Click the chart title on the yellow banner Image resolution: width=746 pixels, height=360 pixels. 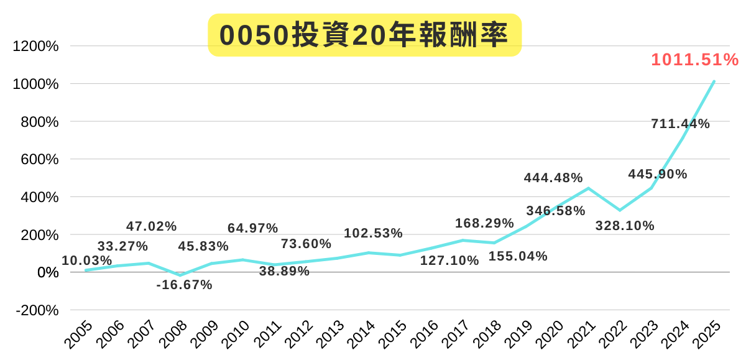364,35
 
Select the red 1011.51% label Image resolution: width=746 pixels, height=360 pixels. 695,60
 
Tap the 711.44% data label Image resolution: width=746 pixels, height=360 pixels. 680,124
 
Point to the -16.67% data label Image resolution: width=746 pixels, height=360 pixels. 184,285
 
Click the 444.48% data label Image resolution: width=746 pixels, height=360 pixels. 553,178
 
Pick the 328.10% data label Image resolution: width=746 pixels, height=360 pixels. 625,226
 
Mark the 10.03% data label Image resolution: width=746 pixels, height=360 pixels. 86,260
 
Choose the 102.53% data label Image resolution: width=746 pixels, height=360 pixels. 373,234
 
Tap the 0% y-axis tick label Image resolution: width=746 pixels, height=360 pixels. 48,272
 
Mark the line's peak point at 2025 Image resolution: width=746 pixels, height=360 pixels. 714,81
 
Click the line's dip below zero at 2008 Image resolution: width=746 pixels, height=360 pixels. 180,275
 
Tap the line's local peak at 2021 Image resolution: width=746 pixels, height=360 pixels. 588,188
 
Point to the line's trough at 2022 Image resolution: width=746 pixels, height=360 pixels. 620,210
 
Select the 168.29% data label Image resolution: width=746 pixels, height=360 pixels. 484,223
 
